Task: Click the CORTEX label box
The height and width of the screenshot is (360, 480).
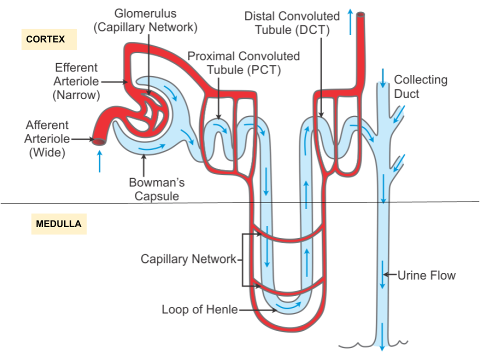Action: [49, 39]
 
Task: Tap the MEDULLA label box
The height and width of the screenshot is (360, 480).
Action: [58, 223]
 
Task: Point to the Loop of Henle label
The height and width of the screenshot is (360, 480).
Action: [199, 309]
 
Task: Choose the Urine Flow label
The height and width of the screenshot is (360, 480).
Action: [426, 274]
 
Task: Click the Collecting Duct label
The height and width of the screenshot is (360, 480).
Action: [420, 86]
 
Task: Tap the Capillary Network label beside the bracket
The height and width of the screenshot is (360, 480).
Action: [188, 259]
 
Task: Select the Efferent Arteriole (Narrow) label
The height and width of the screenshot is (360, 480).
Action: [77, 81]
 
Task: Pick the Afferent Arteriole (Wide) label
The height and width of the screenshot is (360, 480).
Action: [47, 138]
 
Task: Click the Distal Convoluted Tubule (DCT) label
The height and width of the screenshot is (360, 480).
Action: [292, 22]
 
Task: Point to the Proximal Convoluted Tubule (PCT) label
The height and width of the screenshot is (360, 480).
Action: [244, 62]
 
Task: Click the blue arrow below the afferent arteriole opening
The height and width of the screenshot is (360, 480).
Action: [99, 161]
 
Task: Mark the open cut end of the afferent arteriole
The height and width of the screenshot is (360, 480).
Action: [98, 142]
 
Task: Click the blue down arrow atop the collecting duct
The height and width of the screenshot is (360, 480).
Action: [383, 76]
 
